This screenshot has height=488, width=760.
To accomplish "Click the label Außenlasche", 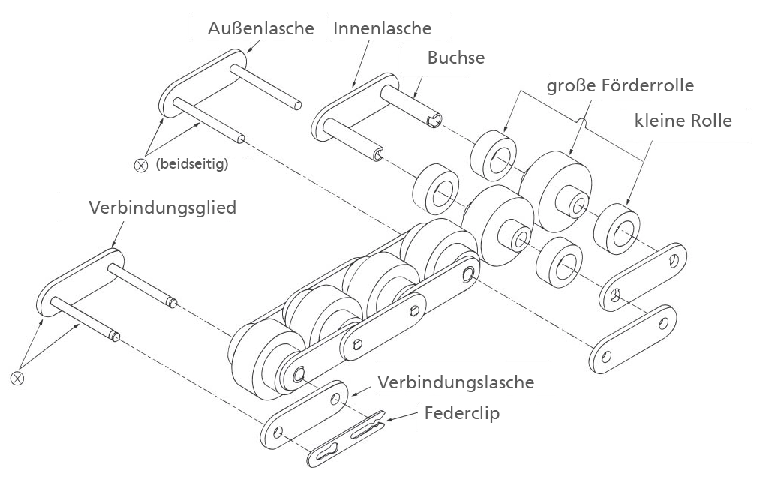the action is click(x=261, y=28).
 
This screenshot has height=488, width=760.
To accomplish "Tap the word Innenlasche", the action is click(x=383, y=28).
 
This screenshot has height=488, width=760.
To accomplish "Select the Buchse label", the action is click(x=456, y=58).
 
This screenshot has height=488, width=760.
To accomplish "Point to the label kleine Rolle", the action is click(x=683, y=120).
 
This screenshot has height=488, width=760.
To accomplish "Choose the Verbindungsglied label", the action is click(x=162, y=208).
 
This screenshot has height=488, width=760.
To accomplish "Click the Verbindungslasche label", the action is click(x=455, y=382).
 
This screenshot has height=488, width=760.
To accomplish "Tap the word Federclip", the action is click(x=462, y=413).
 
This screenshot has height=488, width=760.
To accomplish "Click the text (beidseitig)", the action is click(x=192, y=164).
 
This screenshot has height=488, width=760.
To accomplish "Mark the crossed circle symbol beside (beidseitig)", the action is click(x=140, y=166).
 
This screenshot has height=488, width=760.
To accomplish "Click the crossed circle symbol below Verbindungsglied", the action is click(x=17, y=378).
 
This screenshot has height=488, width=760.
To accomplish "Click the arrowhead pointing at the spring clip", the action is click(x=388, y=419).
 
